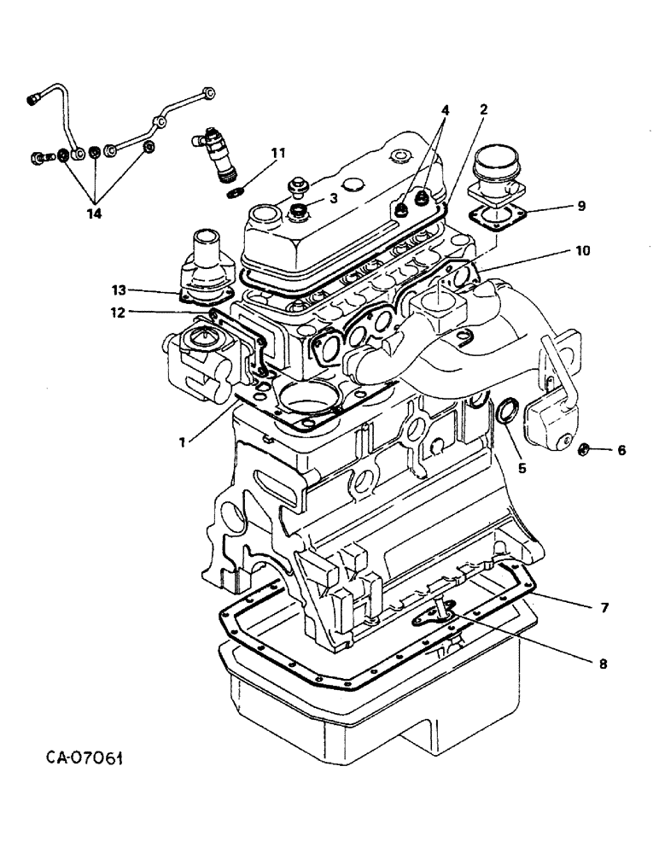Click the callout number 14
94,213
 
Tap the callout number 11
277,154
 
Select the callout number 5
522,467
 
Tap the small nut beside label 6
585,448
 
